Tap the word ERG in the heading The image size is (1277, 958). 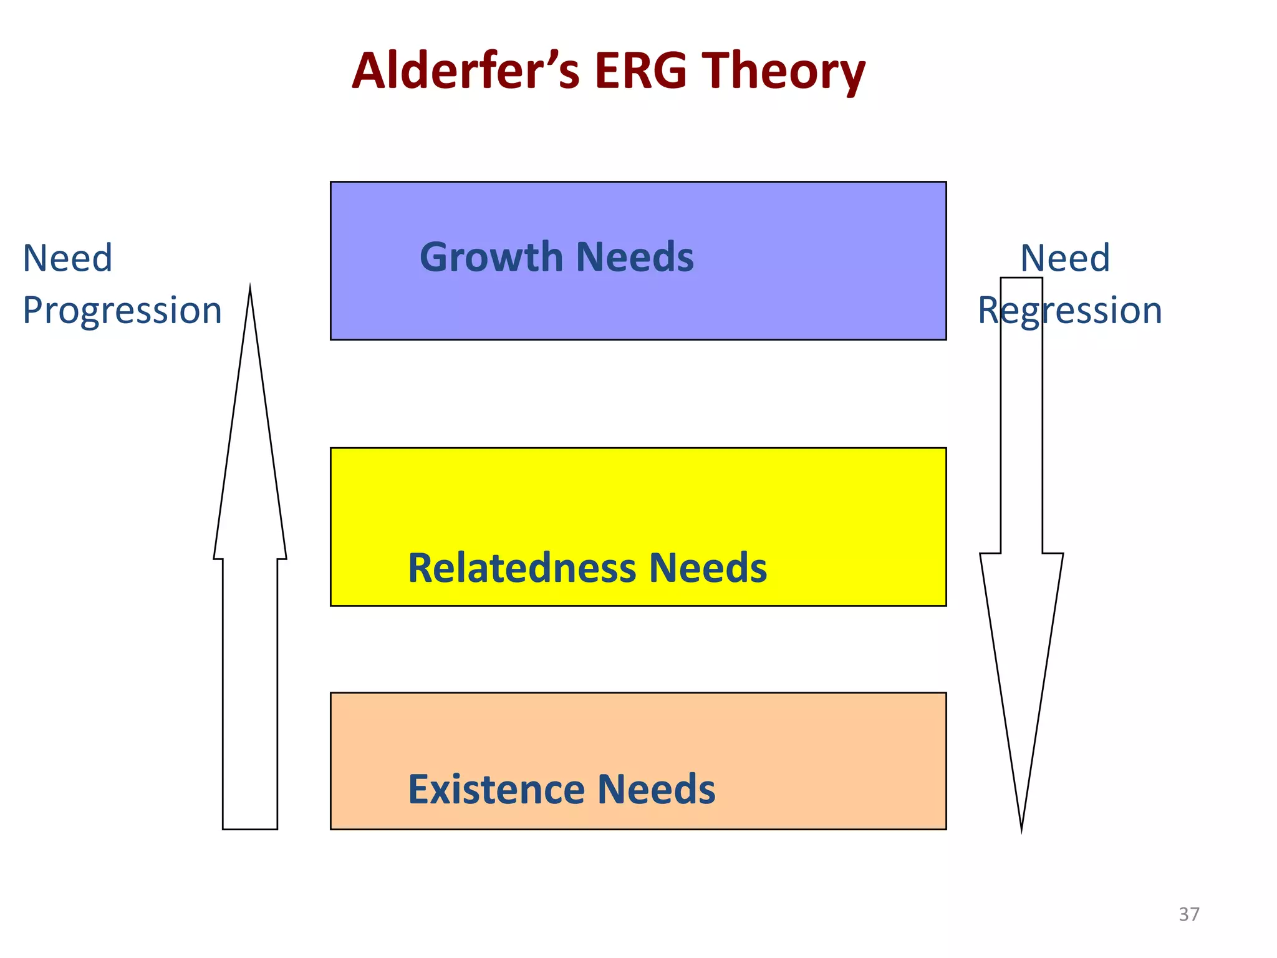640,70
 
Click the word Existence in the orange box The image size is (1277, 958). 496,789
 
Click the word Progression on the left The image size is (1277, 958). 122,311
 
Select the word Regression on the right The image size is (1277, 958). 1069,311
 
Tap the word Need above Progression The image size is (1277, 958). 67,258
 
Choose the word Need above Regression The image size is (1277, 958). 1065,258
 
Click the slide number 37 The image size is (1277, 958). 1188,914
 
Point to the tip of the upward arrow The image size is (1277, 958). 250,291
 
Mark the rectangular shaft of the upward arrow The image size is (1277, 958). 250,692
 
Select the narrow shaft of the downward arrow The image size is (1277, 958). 1021,437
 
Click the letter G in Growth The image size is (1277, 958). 435,257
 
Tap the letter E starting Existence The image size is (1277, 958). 418,789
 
